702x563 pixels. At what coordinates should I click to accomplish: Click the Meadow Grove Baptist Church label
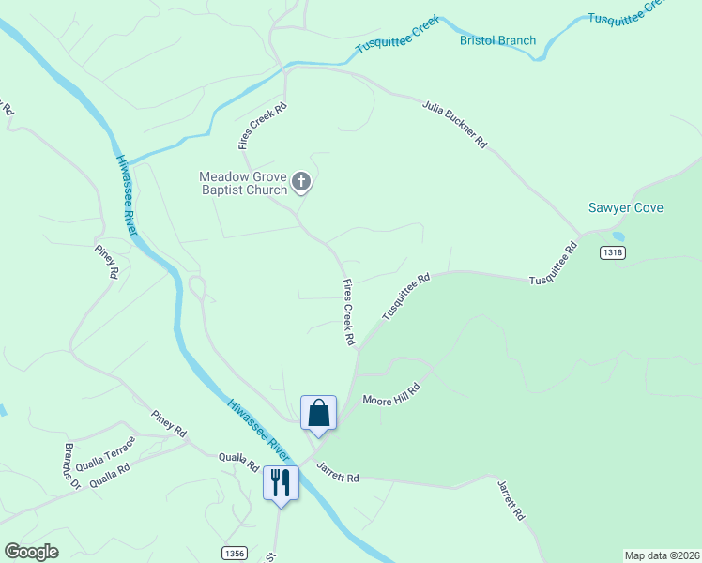[x=243, y=183]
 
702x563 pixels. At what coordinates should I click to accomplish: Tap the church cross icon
[x=301, y=182]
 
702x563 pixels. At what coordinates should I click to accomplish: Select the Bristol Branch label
[x=497, y=40]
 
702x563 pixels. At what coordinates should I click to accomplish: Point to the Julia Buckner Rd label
[x=454, y=125]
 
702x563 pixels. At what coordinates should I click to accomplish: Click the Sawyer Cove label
[x=626, y=207]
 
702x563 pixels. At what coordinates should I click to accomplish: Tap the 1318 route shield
[x=612, y=252]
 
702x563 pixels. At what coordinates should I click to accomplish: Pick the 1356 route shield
[x=236, y=554]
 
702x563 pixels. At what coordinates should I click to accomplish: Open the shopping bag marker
[x=318, y=414]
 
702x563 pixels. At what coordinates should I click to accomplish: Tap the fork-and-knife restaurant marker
[x=280, y=483]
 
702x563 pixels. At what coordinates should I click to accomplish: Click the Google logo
[x=31, y=552]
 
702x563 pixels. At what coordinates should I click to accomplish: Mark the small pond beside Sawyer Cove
[x=617, y=236]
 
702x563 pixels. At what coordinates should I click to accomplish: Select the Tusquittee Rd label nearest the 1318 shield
[x=554, y=266]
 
